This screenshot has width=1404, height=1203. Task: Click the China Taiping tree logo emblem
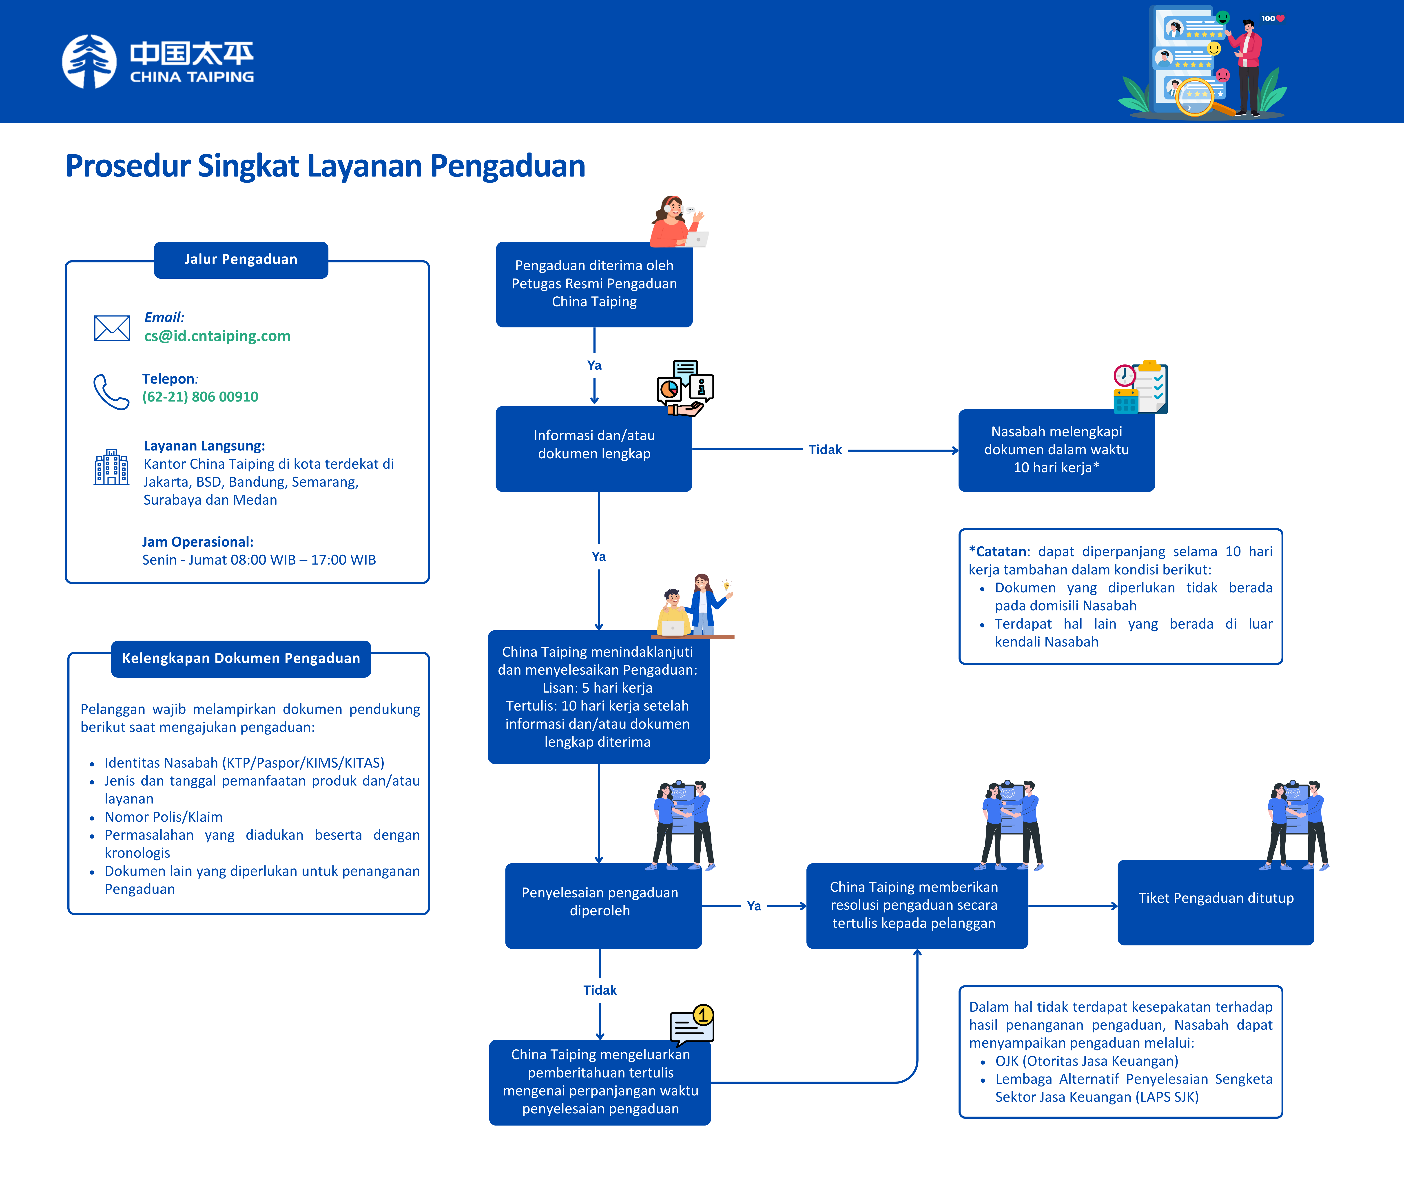tap(89, 62)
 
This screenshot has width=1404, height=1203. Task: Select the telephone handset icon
tap(111, 391)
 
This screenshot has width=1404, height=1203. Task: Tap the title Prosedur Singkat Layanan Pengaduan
tap(325, 166)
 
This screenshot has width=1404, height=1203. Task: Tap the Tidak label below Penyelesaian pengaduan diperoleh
tap(600, 990)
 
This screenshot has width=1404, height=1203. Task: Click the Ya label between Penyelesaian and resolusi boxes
tap(753, 906)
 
